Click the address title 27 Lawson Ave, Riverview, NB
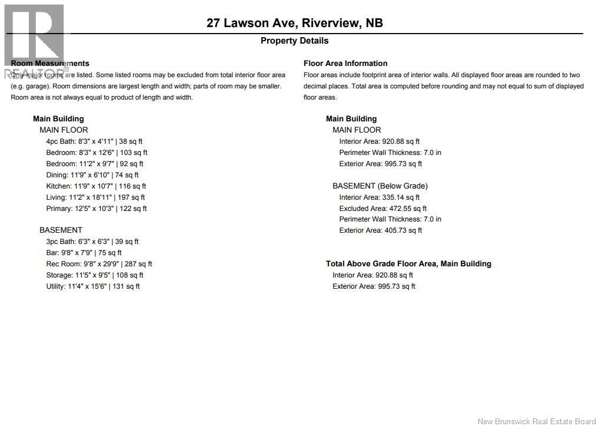(294, 23)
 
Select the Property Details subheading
(294, 41)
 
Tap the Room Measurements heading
(50, 63)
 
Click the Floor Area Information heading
(345, 63)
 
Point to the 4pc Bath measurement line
(94, 141)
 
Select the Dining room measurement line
(92, 175)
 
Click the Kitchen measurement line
(96, 186)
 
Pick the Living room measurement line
(95, 197)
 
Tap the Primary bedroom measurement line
(96, 209)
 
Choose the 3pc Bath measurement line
(92, 242)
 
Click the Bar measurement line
(84, 253)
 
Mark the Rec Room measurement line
(99, 264)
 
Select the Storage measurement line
(95, 275)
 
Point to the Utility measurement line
(93, 286)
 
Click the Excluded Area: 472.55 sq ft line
(383, 209)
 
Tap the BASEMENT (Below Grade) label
(380, 186)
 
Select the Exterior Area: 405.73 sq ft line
(381, 230)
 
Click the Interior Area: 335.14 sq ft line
(380, 197)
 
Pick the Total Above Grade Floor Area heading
(408, 264)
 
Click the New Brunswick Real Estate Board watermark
(537, 421)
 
